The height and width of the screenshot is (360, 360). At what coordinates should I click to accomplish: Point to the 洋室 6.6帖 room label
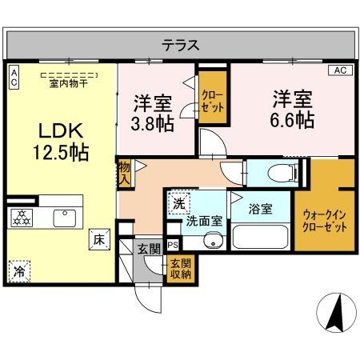[x=286, y=110]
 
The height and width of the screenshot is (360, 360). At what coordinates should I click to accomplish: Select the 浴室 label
[x=259, y=210]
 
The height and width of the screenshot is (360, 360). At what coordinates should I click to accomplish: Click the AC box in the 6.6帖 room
[x=338, y=70]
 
